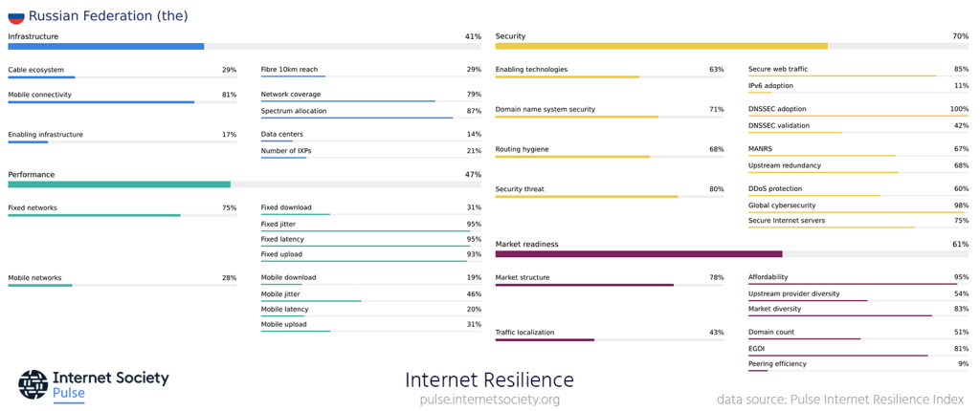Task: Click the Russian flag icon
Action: click(15, 16)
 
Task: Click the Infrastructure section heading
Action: click(33, 36)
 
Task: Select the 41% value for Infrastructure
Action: click(473, 36)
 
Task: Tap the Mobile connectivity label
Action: click(39, 95)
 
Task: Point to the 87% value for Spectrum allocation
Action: click(474, 111)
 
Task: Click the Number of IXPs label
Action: click(286, 151)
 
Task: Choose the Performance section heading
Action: click(31, 175)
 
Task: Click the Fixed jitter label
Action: click(279, 224)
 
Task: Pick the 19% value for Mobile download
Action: click(474, 278)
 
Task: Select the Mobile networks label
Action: click(34, 278)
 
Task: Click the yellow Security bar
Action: click(660, 46)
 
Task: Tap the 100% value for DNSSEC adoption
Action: click(959, 109)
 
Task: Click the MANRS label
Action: click(760, 149)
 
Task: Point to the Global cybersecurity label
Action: click(782, 205)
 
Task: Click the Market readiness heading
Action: click(526, 245)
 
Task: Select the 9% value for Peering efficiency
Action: click(963, 364)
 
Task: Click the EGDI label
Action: click(756, 349)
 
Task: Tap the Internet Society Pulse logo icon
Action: click(33, 384)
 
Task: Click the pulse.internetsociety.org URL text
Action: click(489, 400)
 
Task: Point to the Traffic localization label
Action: click(524, 333)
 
